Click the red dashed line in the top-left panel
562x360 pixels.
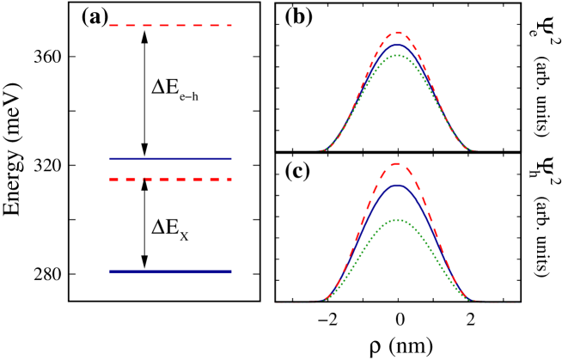click(170, 26)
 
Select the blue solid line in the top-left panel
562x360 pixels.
click(170, 158)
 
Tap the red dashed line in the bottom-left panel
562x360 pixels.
click(170, 180)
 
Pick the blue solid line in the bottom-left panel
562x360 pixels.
click(170, 272)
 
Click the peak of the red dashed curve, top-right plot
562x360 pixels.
click(397, 34)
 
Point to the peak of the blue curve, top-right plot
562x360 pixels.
click(397, 45)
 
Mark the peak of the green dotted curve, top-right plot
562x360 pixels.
click(396, 56)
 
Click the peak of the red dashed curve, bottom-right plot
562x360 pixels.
click(398, 163)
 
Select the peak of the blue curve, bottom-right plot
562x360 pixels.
click(397, 185)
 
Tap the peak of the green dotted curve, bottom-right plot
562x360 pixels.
click(397, 220)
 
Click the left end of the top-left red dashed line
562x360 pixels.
click(110, 26)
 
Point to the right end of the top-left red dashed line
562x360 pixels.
click(231, 26)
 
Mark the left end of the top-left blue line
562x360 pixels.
click(110, 158)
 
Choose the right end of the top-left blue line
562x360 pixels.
click(231, 158)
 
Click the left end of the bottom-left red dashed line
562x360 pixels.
click(110, 180)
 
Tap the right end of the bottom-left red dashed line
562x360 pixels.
click(231, 180)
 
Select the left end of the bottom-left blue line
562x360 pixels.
click(110, 272)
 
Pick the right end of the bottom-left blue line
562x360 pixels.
click(231, 272)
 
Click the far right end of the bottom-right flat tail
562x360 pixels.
click(519, 302)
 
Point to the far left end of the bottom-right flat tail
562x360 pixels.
click(276, 302)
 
